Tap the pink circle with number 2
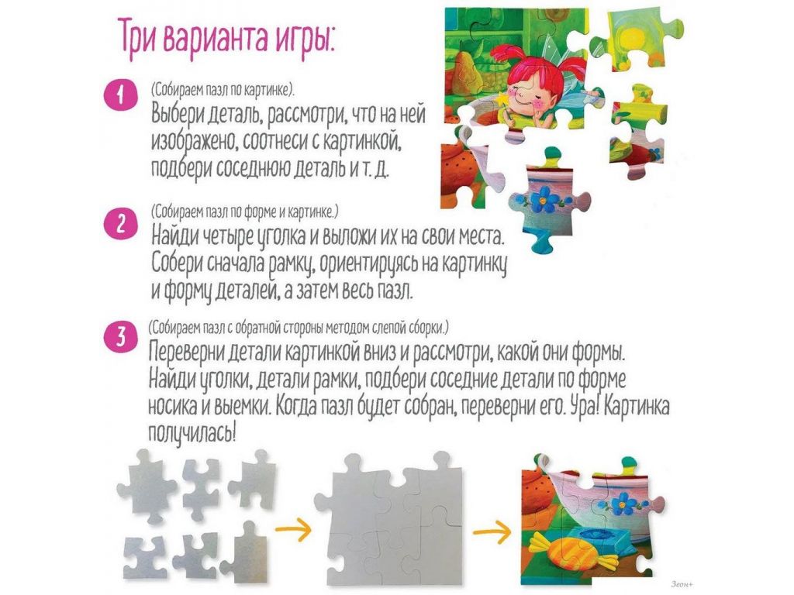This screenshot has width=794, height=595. click(120, 223)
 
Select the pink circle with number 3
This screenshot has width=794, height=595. click(120, 336)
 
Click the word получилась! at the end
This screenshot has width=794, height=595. click(192, 432)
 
